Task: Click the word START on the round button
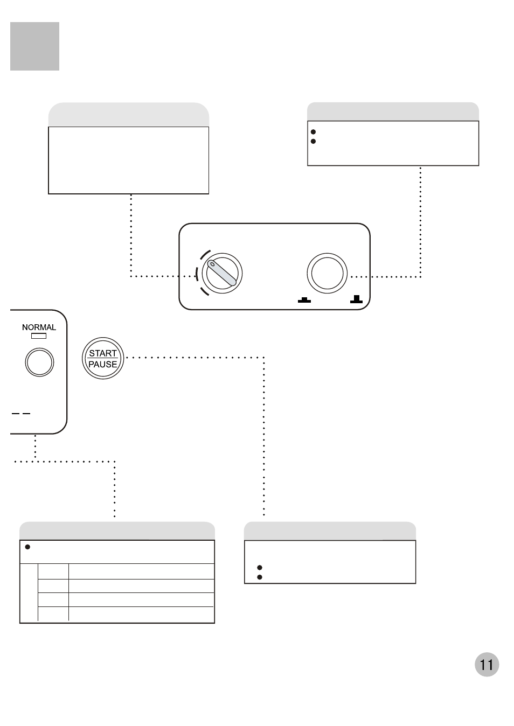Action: (103, 353)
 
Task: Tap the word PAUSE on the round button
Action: (103, 364)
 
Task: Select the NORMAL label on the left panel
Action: (39, 327)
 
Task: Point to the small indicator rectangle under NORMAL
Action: (39, 336)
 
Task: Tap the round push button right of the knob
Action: (327, 273)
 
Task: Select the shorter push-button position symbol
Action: (304, 300)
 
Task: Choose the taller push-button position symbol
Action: (356, 299)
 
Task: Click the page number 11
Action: (487, 665)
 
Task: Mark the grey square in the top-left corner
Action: (34, 46)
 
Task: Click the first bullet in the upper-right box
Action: (313, 131)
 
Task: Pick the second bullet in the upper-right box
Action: (313, 141)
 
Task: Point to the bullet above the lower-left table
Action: (27, 547)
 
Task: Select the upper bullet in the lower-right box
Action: (260, 568)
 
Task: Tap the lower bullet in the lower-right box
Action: (260, 577)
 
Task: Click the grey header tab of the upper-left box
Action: (128, 115)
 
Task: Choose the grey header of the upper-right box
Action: (393, 111)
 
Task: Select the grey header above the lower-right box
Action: (330, 531)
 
